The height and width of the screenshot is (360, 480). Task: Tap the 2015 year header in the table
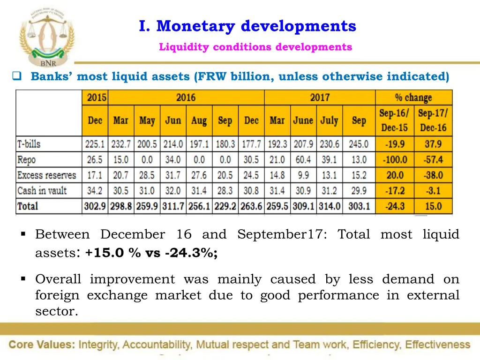95,98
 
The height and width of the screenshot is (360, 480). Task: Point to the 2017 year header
320,98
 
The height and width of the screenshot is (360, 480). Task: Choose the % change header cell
413,98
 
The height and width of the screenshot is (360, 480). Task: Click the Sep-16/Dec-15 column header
394,120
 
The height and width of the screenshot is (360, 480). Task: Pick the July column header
329,120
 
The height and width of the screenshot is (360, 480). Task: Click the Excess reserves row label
46,175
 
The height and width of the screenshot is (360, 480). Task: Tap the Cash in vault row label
42,191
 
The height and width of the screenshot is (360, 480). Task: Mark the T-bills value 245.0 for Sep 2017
359,144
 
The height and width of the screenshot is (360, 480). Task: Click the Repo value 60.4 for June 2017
303,160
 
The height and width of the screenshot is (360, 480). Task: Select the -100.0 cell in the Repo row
394,160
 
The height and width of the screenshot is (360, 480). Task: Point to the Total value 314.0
329,206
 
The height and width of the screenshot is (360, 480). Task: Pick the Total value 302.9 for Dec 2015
95,206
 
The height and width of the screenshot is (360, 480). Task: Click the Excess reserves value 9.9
303,175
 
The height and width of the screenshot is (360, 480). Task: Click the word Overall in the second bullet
58,279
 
